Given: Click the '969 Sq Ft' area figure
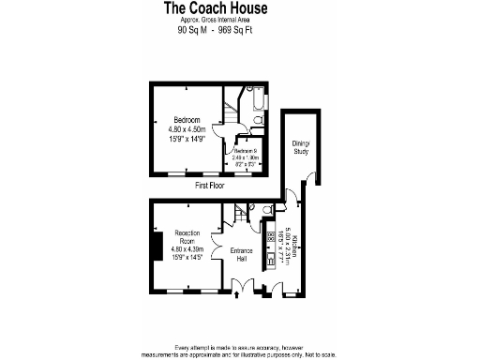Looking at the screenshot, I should click(x=235, y=30).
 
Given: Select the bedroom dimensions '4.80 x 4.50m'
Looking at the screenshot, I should click(x=187, y=129).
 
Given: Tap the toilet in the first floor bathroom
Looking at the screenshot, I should click(x=243, y=119).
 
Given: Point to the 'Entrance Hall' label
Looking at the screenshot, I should click(x=243, y=255).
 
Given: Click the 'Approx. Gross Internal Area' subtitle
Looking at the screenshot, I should click(x=215, y=20).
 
